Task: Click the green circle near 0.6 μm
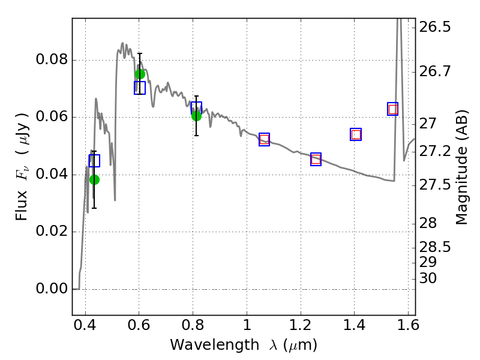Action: point(140,74)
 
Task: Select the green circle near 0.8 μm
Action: point(197,116)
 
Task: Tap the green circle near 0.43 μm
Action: point(95,179)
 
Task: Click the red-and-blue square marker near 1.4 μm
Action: point(356,134)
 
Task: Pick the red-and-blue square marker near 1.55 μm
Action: point(393,109)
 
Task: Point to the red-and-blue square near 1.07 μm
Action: point(264,140)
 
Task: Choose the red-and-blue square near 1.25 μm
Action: point(316,159)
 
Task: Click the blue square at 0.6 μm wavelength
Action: point(140,88)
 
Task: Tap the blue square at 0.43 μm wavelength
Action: point(94,161)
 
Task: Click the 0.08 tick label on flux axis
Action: point(52,59)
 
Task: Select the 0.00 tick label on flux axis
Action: point(52,289)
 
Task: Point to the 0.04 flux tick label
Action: point(52,174)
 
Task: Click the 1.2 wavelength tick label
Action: point(301,325)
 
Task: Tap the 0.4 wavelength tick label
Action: point(85,325)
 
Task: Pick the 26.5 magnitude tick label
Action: point(435,27)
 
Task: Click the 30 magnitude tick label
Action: point(428,278)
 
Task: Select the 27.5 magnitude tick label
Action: point(435,185)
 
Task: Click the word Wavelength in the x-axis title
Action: point(215,345)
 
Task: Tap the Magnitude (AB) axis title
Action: point(462,167)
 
